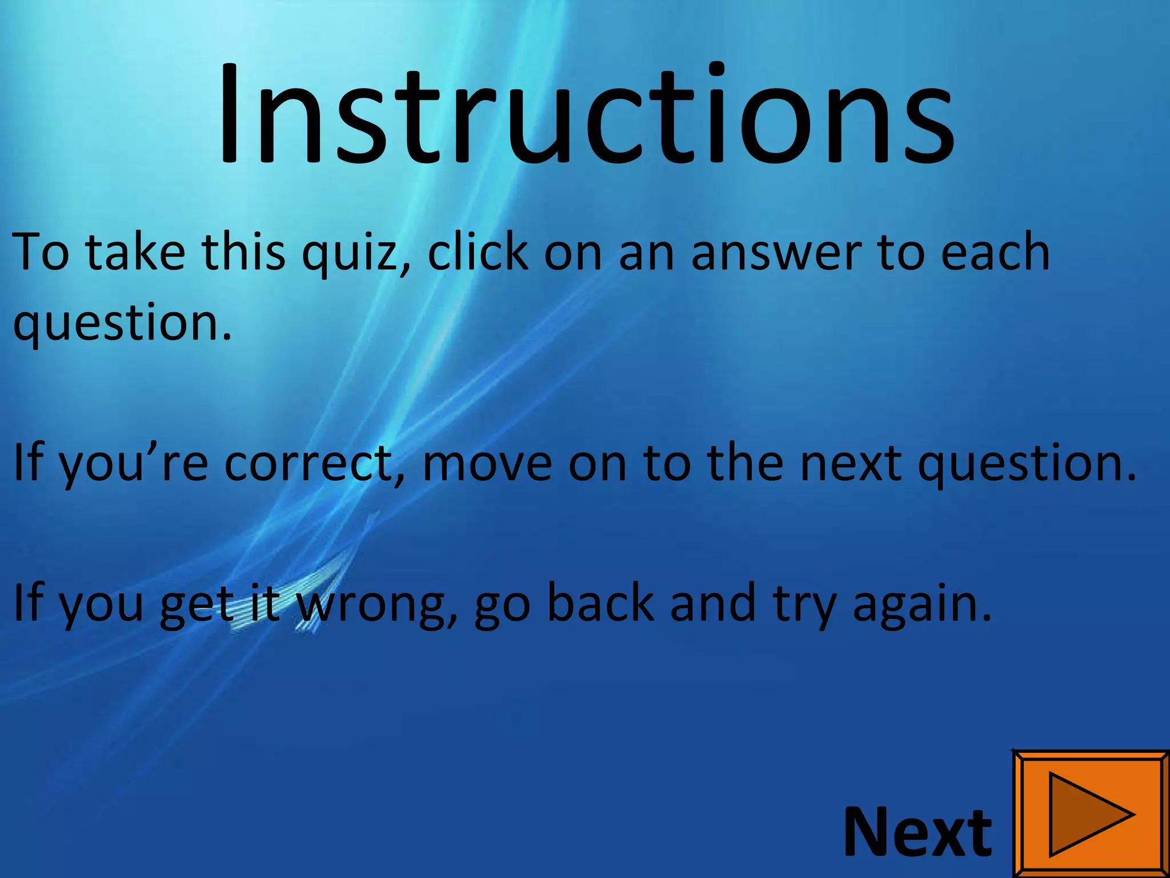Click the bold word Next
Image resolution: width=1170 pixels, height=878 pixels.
click(917, 832)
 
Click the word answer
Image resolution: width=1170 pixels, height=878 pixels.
click(776, 253)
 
